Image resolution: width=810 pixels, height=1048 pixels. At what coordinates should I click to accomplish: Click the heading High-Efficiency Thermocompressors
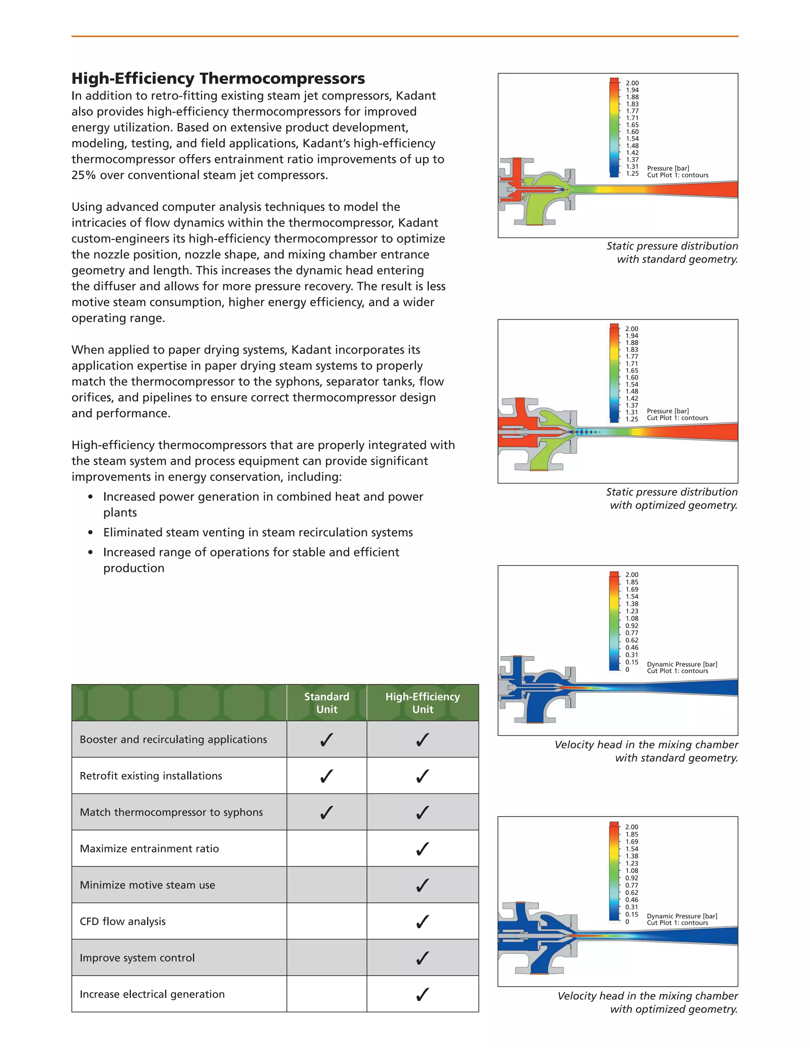(x=218, y=78)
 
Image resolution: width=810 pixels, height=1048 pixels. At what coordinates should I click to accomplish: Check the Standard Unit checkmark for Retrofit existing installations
(x=326, y=776)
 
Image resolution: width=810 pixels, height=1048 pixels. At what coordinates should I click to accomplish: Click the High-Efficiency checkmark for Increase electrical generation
(x=422, y=994)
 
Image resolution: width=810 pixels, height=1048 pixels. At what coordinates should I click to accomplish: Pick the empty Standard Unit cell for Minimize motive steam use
(x=326, y=885)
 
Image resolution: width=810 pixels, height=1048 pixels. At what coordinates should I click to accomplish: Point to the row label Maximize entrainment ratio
(x=149, y=848)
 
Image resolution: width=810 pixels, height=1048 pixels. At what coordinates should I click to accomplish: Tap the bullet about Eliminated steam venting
(x=258, y=532)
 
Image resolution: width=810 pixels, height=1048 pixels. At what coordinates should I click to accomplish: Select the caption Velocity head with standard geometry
(x=646, y=751)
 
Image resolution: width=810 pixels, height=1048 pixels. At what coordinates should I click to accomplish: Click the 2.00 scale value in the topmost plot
(x=632, y=83)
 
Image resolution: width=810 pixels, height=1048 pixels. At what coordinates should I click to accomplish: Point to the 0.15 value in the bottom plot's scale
(x=632, y=914)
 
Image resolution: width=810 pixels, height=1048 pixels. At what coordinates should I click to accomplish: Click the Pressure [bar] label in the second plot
(x=668, y=411)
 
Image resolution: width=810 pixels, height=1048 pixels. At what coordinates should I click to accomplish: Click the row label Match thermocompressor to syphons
(x=171, y=812)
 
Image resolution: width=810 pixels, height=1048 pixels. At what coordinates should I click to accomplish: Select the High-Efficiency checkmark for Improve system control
(x=422, y=958)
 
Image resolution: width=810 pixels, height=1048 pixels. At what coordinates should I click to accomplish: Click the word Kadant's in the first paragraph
(x=326, y=144)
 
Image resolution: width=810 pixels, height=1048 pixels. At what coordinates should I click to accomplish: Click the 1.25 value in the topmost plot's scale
(x=632, y=173)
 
